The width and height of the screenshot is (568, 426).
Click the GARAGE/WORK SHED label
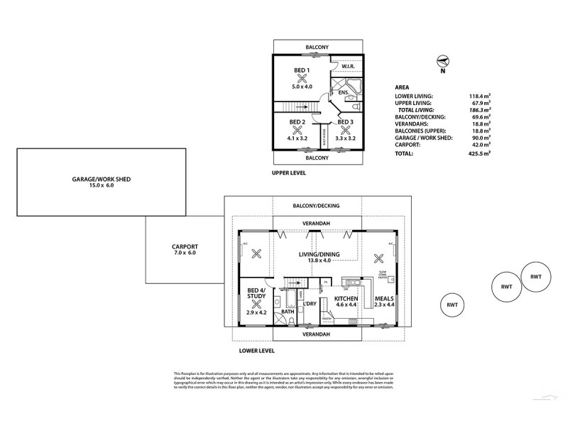pos(101,179)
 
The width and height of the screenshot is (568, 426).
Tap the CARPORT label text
pos(174,246)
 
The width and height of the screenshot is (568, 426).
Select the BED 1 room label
pos(302,70)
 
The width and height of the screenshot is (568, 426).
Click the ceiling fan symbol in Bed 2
pos(297,130)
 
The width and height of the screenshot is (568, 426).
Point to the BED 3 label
pos(345,122)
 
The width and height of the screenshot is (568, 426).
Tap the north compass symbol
pos(442,62)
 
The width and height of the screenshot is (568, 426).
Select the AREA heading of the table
pos(401,87)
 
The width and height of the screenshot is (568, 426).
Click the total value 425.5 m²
pos(481,153)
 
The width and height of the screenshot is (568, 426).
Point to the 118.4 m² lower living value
pos(481,95)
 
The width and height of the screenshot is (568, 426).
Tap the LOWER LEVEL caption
pos(256,351)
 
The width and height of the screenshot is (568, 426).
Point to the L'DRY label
pos(309,304)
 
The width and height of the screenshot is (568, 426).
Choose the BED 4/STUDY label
pos(256,294)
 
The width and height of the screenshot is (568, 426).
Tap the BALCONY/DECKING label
pos(316,206)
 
